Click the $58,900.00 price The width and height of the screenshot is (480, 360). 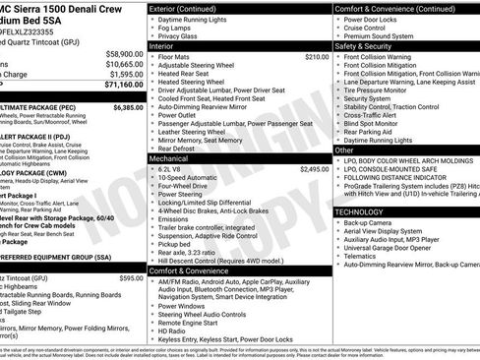click(124, 53)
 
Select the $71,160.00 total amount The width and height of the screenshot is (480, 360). click(124, 84)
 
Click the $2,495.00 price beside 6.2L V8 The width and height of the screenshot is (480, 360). click(315, 169)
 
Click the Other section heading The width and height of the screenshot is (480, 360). click(345, 150)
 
